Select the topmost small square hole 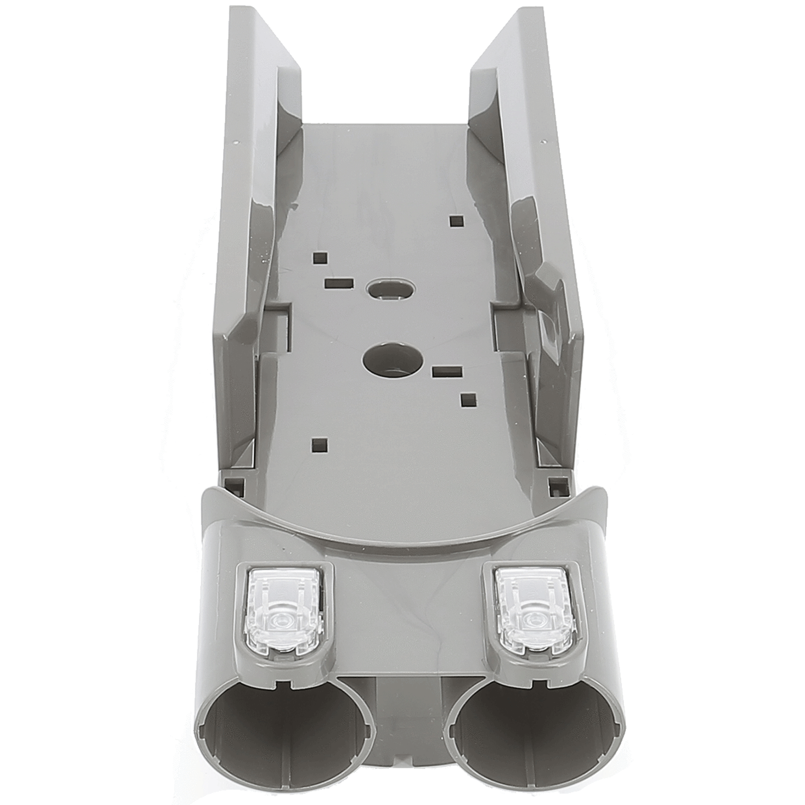pyautogui.click(x=456, y=221)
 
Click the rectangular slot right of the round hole pyautogui.click(x=447, y=371)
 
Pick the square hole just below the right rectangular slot pyautogui.click(x=467, y=399)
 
